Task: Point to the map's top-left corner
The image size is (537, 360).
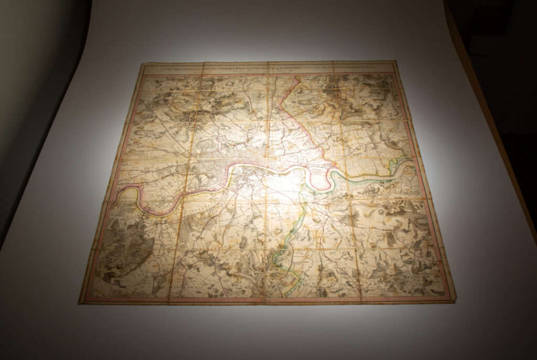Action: (x=143, y=64)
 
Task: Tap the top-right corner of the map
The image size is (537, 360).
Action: (x=395, y=61)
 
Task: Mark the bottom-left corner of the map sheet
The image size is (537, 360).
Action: (x=80, y=303)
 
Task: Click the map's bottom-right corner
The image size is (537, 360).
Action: (x=453, y=301)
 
